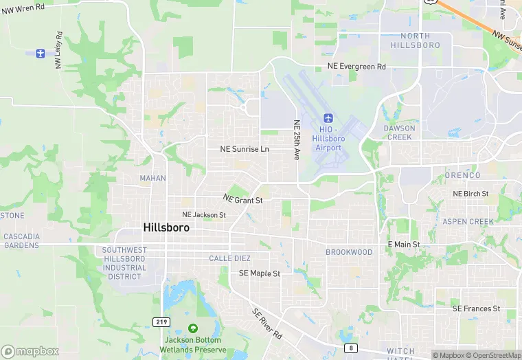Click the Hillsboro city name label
(x=167, y=227)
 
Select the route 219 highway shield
(x=159, y=322)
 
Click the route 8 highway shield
(x=351, y=348)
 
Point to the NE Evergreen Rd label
(x=356, y=67)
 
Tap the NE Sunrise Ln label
(x=245, y=149)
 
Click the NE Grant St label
(x=242, y=200)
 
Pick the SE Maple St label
(x=260, y=273)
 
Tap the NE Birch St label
(x=470, y=194)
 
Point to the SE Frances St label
(x=476, y=309)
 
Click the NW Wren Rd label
(x=23, y=7)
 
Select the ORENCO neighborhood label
(x=462, y=175)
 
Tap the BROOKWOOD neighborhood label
(x=349, y=252)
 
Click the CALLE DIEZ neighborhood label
(x=229, y=258)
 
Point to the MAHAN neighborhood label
(x=152, y=178)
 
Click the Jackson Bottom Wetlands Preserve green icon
(x=192, y=328)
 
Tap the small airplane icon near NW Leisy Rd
(x=40, y=53)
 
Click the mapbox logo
(x=30, y=351)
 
